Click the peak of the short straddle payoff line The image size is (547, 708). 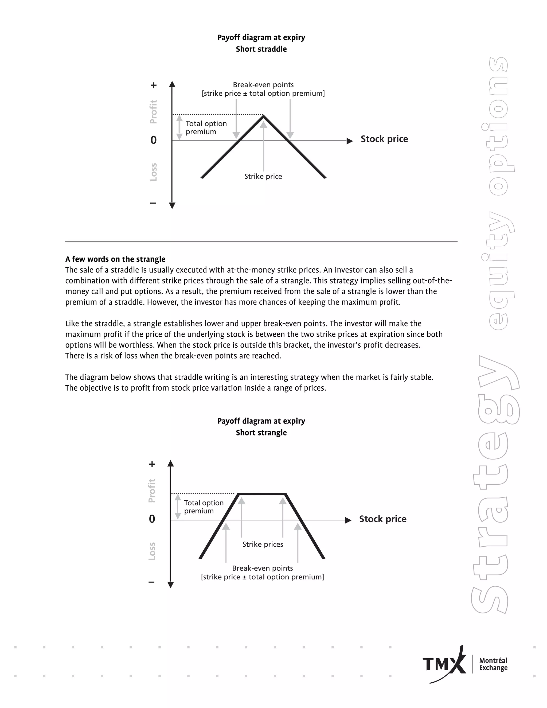[263, 116]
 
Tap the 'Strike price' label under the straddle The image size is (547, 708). [263, 176]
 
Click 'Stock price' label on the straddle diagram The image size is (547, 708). [384, 139]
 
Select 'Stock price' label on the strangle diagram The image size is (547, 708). [382, 519]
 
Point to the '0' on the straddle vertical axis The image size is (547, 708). [154, 140]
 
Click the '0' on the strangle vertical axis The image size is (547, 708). [152, 519]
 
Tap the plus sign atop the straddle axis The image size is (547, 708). [154, 85]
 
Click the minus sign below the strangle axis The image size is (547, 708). [151, 582]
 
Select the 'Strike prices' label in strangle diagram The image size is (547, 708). [263, 544]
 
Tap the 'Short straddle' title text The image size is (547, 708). [261, 49]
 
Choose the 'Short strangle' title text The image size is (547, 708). [261, 433]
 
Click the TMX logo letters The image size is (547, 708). [442, 664]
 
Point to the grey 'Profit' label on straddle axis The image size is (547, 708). [153, 112]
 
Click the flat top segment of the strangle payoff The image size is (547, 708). [262, 494]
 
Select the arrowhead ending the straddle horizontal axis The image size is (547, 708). [350, 141]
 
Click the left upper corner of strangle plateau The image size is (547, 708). [239, 494]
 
